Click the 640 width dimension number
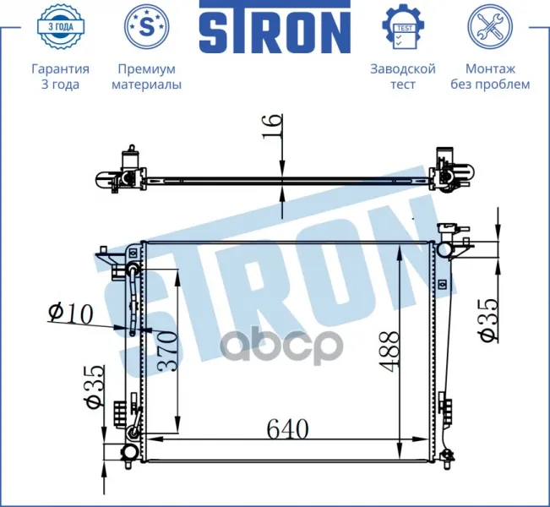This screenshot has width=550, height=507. point(287,428)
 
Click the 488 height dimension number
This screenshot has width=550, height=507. point(389,352)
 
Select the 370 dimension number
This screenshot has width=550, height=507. point(167,352)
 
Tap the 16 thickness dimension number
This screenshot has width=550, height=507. point(273,126)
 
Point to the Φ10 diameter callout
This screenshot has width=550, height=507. point(70,313)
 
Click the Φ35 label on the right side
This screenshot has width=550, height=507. point(488,320)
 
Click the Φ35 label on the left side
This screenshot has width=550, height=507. point(95,387)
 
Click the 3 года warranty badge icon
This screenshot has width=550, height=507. point(60,26)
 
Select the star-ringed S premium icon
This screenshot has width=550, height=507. point(147,26)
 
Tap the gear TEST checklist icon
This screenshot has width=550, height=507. point(403,27)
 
